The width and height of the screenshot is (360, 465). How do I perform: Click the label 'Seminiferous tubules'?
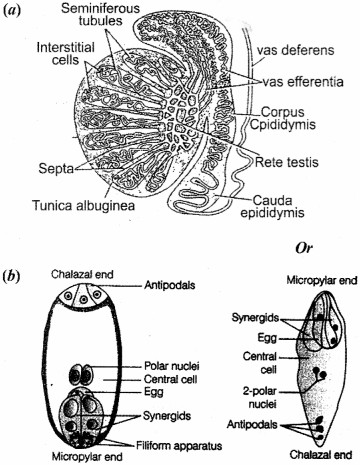click(x=151, y=19)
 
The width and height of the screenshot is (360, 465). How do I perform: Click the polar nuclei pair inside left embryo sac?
click(x=80, y=376)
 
